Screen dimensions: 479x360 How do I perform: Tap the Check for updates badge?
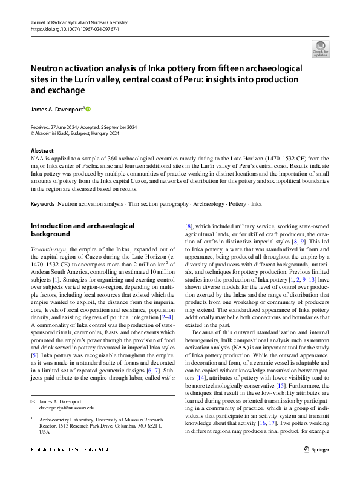pyautogui.click(x=320, y=48)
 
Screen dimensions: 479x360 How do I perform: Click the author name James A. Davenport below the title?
pyautogui.click(x=57, y=109)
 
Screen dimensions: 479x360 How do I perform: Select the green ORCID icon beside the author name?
pyautogui.click(x=88, y=109)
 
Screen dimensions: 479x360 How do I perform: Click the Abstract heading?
pyautogui.click(x=42, y=150)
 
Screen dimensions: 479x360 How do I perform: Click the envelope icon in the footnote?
pyautogui.click(x=33, y=419)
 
